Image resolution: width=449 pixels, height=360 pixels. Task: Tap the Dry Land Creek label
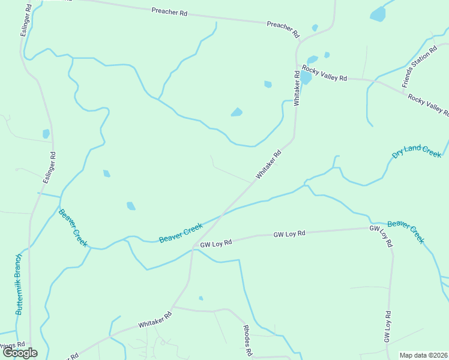tap(416, 152)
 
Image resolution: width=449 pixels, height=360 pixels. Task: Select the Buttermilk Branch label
tap(19, 284)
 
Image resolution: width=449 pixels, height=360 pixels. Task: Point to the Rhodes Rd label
tap(247, 340)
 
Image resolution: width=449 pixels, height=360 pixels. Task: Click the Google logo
tap(20, 353)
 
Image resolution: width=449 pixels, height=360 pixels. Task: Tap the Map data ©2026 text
tap(423, 355)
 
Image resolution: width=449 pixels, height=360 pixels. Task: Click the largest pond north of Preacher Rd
tap(378, 14)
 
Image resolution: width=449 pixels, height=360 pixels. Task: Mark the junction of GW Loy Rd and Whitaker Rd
tap(192, 247)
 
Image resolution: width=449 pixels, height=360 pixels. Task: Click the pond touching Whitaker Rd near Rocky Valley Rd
tap(306, 78)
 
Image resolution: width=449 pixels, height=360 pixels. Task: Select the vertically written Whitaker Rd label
tap(297, 88)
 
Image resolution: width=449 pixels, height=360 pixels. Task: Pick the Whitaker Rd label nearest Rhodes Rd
tap(155, 319)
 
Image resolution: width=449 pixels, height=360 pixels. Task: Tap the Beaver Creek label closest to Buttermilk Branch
tap(73, 228)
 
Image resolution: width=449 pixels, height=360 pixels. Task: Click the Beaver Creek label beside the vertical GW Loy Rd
tap(406, 232)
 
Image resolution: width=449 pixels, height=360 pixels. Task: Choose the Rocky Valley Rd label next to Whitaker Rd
tap(325, 73)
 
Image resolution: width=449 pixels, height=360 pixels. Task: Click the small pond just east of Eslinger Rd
tap(46, 134)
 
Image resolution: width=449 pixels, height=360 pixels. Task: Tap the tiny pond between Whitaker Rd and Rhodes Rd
tap(200, 298)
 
